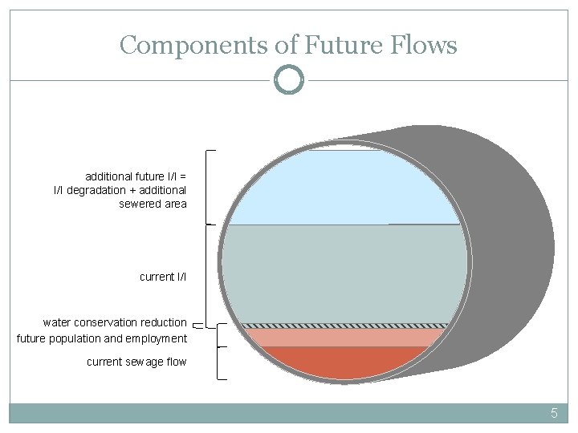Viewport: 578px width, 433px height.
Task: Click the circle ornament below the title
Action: [288, 80]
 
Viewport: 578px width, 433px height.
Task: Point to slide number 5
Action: [553, 414]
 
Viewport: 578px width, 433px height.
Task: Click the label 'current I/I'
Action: [163, 277]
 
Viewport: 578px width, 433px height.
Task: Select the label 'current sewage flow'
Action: [136, 362]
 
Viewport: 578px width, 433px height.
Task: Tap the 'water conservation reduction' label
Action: [115, 322]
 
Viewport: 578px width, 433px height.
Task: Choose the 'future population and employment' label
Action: [102, 338]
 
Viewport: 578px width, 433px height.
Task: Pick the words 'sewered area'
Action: [153, 204]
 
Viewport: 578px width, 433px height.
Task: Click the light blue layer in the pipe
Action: [345, 188]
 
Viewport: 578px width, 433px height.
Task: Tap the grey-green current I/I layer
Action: [345, 273]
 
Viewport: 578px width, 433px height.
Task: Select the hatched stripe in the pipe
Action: [345, 326]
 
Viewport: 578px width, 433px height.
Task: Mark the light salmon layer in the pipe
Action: [345, 337]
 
